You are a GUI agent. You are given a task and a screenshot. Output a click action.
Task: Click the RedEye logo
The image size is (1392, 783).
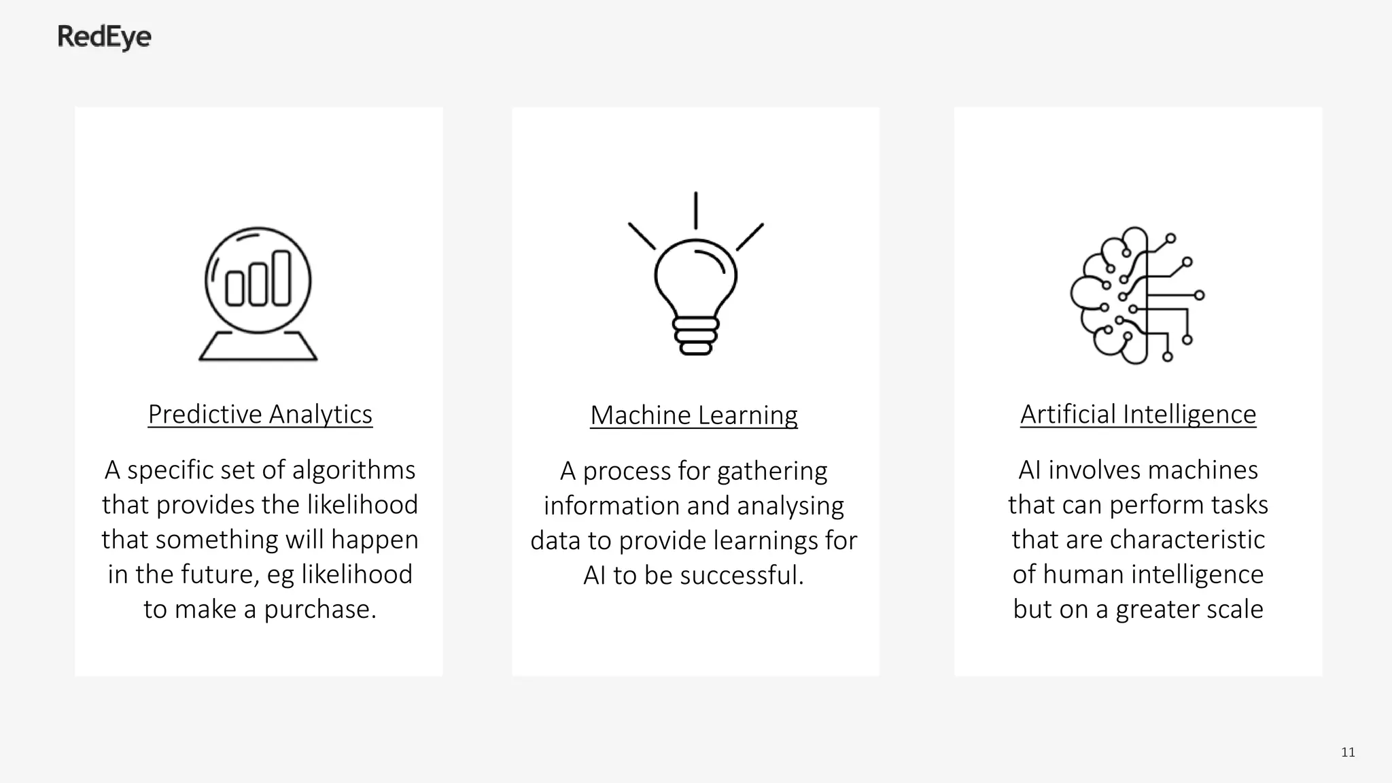(x=104, y=37)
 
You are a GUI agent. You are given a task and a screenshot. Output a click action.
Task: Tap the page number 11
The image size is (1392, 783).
(x=1348, y=752)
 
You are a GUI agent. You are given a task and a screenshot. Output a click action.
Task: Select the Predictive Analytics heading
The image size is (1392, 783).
(x=260, y=414)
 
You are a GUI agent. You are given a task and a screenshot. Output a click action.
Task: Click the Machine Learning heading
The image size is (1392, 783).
(x=693, y=415)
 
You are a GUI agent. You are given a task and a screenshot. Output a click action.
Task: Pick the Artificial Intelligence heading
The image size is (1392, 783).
(x=1138, y=414)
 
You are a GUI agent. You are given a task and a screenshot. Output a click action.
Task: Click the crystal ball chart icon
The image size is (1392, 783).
(x=258, y=293)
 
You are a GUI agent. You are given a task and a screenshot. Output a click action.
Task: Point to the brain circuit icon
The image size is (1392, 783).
(x=1136, y=295)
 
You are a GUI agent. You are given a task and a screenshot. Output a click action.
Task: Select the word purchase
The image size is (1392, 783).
(x=319, y=610)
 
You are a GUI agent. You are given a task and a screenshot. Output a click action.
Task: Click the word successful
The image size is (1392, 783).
(x=742, y=576)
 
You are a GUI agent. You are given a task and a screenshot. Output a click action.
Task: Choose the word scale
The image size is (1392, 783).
(x=1235, y=609)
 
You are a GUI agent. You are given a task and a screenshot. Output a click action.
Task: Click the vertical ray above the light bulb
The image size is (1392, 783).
(x=695, y=210)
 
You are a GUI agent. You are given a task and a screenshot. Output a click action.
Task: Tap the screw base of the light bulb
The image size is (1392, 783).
(x=695, y=336)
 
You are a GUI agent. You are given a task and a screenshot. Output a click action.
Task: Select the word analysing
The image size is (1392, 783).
(x=790, y=506)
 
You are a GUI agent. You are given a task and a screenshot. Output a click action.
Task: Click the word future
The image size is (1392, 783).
(x=226, y=575)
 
